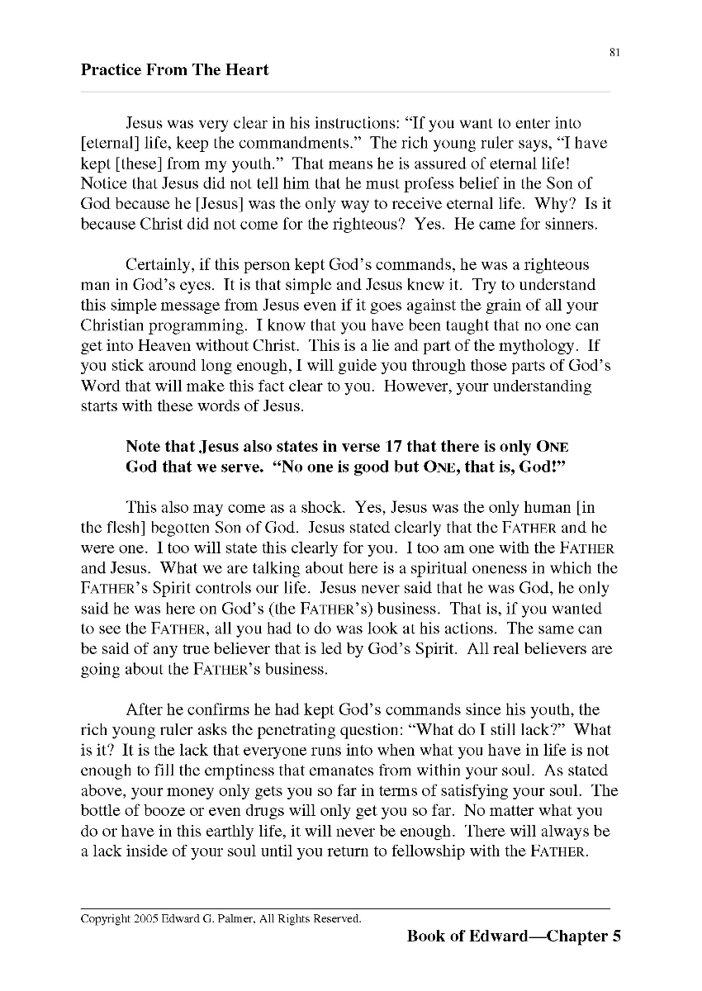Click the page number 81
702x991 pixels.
[614, 53]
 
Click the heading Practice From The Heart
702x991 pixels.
[174, 70]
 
